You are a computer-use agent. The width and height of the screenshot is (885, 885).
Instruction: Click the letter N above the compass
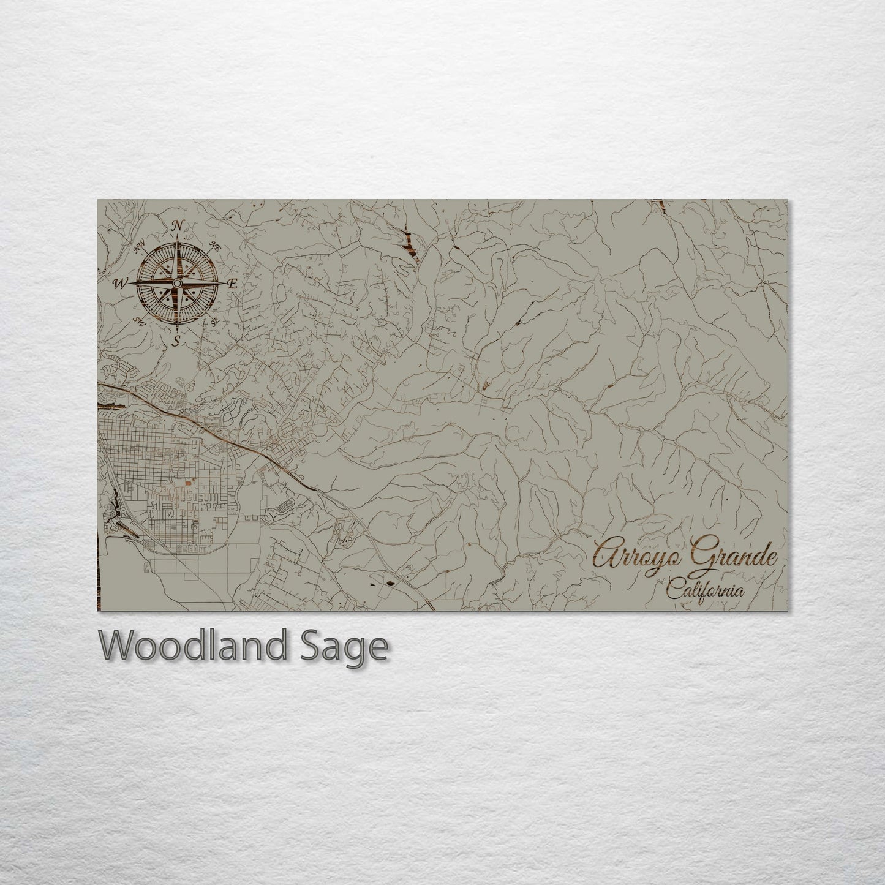[x=178, y=226]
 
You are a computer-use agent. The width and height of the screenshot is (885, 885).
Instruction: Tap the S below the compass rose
[x=176, y=342]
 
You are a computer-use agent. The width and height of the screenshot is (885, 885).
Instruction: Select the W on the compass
[x=119, y=283]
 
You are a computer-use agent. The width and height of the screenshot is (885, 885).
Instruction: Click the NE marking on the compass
[x=215, y=247]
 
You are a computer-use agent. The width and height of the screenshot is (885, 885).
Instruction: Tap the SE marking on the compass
[x=214, y=322]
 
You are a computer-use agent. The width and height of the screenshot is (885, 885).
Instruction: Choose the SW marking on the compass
[x=140, y=321]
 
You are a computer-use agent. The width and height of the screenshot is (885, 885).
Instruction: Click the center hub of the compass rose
[x=176, y=284]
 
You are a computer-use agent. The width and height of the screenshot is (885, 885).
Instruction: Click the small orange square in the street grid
[x=183, y=483]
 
